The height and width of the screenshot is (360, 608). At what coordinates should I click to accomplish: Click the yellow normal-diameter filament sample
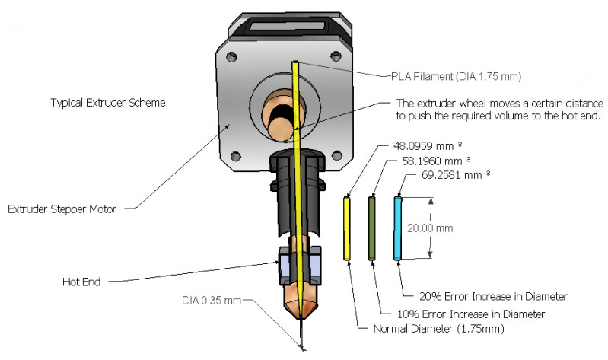[347, 228]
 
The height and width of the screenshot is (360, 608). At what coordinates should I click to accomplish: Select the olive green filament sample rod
[372, 228]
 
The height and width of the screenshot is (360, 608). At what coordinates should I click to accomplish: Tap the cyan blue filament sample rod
[397, 228]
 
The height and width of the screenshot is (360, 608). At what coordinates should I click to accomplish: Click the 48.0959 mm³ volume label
[428, 146]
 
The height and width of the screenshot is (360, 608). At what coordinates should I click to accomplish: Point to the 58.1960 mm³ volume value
[436, 161]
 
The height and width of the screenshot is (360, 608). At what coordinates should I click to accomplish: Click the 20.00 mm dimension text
[430, 228]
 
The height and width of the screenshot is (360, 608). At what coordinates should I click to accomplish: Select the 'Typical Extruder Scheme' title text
[108, 103]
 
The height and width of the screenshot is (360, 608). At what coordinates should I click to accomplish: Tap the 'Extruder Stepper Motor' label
[62, 209]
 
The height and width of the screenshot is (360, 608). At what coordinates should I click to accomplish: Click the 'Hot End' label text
[81, 282]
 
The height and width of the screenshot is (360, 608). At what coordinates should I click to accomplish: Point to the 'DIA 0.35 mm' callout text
[212, 301]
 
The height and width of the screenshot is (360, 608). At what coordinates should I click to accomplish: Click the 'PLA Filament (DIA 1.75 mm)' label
[456, 76]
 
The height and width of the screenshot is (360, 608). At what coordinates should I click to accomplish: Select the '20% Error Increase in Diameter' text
[493, 297]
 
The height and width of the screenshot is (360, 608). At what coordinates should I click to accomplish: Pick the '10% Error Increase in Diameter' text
[471, 314]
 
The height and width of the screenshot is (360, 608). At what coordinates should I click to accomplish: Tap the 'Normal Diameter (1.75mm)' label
[438, 329]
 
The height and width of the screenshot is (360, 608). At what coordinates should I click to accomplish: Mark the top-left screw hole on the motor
[231, 56]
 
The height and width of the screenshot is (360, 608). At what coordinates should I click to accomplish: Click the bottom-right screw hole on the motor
[336, 156]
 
